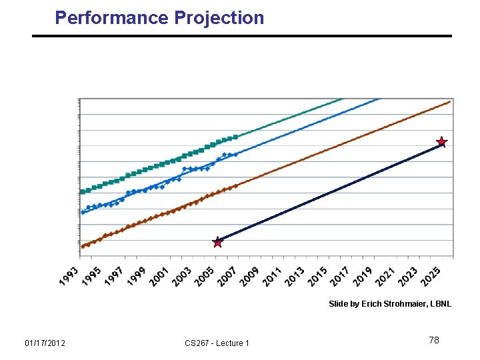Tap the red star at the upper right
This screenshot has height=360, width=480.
pos(441,142)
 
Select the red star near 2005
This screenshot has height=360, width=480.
pos(217,241)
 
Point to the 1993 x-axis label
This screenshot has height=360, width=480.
pos(69,276)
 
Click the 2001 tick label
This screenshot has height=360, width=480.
pos(159,276)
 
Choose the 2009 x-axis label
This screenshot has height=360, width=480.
pos(249,276)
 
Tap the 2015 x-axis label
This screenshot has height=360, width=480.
pos(317,276)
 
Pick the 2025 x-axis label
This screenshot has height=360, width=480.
pos(430,276)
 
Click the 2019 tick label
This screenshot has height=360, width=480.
pos(362,276)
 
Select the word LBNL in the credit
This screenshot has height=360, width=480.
pos(440,304)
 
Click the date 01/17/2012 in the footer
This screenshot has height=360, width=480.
pos(45,343)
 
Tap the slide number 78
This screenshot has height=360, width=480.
pos(434,341)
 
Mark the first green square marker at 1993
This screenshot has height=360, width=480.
pos(83,192)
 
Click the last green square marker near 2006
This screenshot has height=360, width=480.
pos(236,137)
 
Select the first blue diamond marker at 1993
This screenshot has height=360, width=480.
pos(83,212)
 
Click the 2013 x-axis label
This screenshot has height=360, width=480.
pos(294,276)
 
